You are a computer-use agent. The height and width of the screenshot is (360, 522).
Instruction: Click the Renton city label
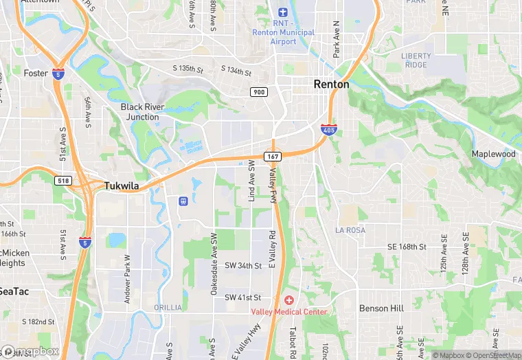(x=331, y=84)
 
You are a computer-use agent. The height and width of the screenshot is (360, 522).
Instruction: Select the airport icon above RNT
(x=283, y=12)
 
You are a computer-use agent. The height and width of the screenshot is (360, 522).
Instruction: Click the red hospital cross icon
(x=288, y=300)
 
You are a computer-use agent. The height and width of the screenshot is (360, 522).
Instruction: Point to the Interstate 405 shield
(x=328, y=129)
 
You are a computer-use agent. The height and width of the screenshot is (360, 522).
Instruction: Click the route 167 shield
(x=273, y=156)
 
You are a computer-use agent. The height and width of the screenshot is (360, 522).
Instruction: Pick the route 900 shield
(x=258, y=93)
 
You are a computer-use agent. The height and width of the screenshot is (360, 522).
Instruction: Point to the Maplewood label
(x=493, y=154)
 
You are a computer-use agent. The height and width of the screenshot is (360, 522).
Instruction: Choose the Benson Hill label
(x=381, y=308)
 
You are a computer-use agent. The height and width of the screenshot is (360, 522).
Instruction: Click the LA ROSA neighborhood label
(x=350, y=230)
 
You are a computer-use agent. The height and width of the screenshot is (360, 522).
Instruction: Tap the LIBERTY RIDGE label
(x=417, y=60)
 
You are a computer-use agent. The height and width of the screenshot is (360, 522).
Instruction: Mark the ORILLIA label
(x=168, y=307)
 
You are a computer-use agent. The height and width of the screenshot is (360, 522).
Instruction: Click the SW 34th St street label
(x=243, y=265)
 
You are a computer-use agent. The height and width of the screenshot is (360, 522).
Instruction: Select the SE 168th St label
(x=407, y=246)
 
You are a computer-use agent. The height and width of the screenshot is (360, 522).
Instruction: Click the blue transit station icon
(x=183, y=201)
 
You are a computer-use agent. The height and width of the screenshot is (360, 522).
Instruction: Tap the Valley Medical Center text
(x=288, y=312)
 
